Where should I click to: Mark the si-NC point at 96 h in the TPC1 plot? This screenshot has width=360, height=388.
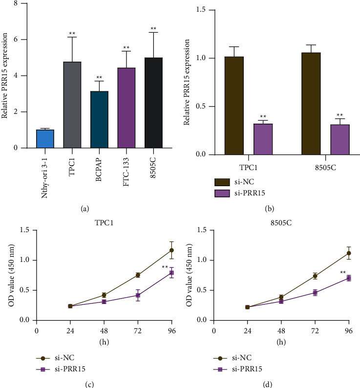[x=171, y=250]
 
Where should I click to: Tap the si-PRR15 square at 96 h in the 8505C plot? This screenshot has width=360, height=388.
[x=349, y=278]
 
